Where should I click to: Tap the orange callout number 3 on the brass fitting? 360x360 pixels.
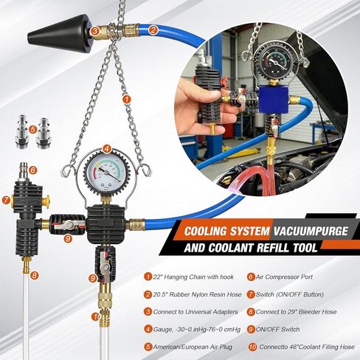coord(94,31)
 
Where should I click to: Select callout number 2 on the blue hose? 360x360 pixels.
coord(153,30)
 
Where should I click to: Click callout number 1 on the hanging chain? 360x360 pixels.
coord(127,100)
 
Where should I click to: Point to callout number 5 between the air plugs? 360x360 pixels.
coord(32,130)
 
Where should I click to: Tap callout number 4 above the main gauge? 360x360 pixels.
coord(106,149)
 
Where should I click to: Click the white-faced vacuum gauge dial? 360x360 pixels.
coord(106,173)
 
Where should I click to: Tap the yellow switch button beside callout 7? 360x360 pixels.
coord(46,201)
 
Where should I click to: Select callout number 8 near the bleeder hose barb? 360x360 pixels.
coord(34,275)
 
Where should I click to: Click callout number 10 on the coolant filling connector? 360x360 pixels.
coord(97,316)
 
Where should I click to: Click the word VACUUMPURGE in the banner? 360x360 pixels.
coord(311,232)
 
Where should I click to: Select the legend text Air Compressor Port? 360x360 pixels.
coord(284,277)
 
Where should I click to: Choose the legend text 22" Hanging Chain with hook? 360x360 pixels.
coord(193,277)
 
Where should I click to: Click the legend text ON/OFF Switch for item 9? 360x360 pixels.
coord(278,329)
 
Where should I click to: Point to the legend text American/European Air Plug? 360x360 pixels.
coord(193,347)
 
